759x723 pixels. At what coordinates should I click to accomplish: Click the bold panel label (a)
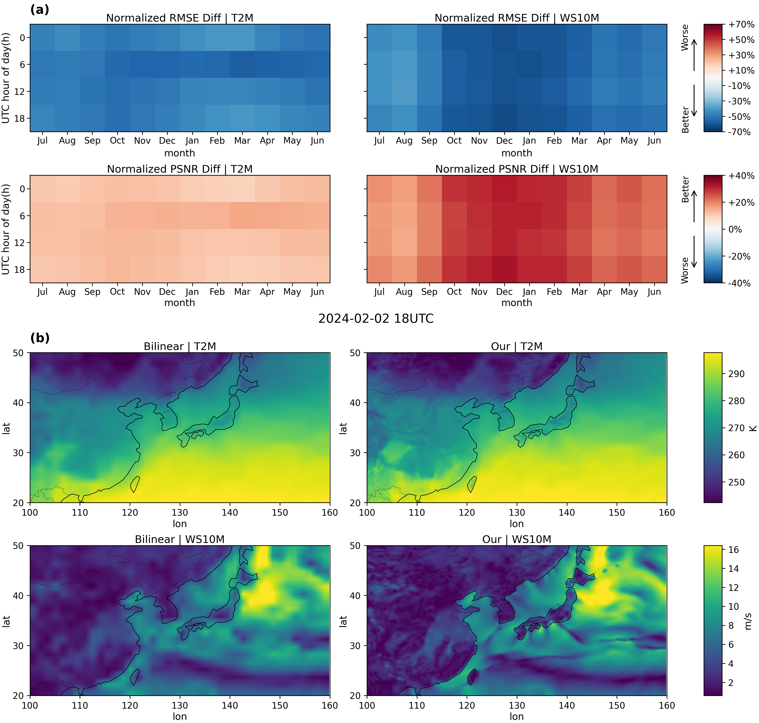[40, 10]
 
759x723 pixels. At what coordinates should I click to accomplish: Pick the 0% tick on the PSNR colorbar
[735, 229]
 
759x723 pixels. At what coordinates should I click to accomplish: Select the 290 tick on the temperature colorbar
[736, 374]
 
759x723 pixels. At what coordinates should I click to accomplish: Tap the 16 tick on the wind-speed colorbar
[733, 549]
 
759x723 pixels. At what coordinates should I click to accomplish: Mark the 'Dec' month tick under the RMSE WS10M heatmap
[504, 141]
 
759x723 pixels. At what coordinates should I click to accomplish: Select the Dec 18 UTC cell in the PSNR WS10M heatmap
[504, 269]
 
